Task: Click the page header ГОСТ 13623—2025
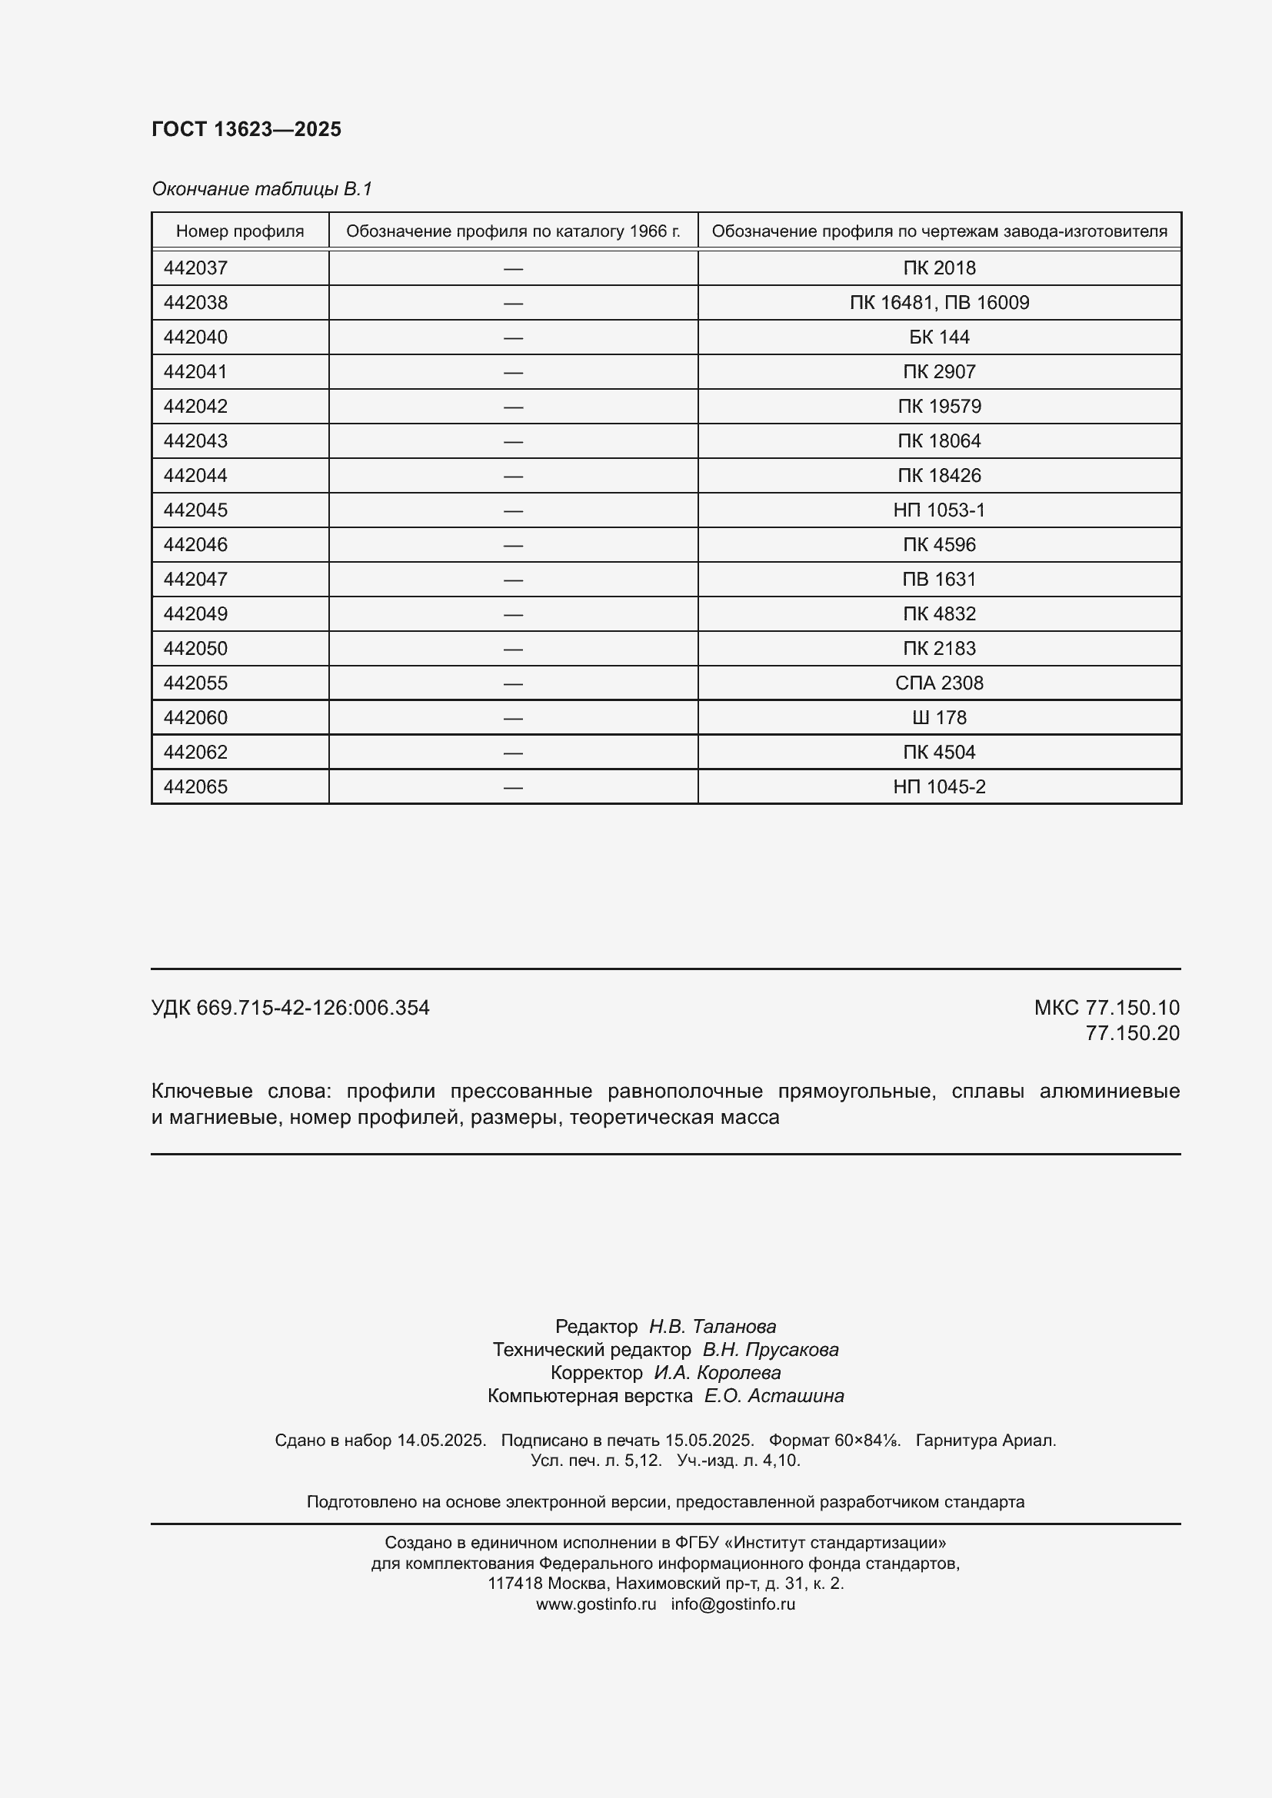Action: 246,129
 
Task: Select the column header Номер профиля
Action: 240,231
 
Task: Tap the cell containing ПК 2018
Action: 938,268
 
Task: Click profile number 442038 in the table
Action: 196,302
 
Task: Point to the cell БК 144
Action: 938,337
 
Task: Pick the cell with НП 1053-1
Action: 938,510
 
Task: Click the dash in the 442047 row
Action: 513,580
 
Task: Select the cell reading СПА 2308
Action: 938,683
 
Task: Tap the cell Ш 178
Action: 938,717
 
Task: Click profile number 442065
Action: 196,786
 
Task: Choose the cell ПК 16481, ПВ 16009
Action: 938,302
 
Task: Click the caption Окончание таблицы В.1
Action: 261,189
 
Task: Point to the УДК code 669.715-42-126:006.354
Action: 312,1007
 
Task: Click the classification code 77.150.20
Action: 1132,1033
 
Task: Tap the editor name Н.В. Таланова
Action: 712,1326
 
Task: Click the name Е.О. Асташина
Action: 773,1395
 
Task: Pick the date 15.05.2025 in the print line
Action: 708,1440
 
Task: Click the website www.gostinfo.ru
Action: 595,1604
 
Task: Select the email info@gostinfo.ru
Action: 732,1604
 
